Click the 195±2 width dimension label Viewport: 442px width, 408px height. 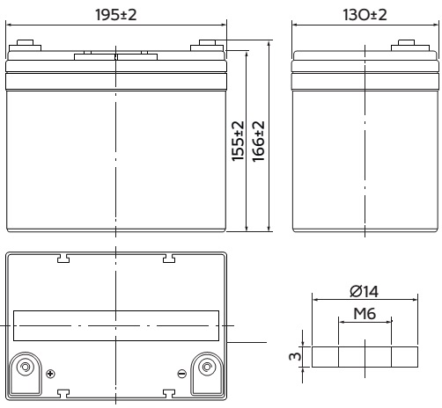[x=116, y=15]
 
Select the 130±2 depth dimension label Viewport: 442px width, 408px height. [x=365, y=15]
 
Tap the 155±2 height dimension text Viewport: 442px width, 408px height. [x=238, y=141]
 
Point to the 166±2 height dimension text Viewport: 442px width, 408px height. [x=259, y=141]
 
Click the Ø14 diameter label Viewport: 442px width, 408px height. [x=365, y=291]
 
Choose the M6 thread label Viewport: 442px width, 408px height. [x=365, y=314]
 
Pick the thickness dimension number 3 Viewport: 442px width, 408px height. [x=295, y=356]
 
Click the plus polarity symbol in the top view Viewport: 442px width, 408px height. [x=50, y=374]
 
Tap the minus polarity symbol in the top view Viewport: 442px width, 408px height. [x=182, y=374]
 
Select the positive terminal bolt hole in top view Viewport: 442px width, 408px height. [x=25, y=367]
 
